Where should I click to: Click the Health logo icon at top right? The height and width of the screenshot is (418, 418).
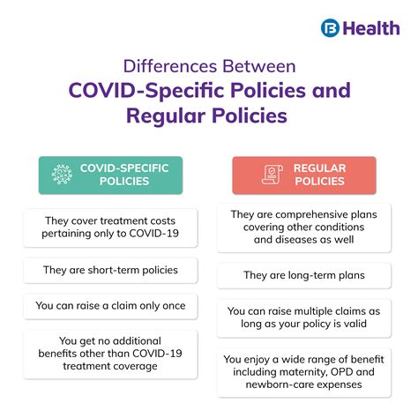331,27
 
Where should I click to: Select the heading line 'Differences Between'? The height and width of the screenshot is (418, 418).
209,67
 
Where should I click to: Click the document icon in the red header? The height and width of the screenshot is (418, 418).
271,175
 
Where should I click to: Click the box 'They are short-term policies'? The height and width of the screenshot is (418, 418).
110,269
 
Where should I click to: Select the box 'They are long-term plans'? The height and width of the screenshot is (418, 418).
303,275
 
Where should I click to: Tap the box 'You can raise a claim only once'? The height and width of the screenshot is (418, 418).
110,305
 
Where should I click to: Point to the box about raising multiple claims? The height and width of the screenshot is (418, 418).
303,318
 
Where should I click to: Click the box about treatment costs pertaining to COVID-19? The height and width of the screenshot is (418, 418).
110,228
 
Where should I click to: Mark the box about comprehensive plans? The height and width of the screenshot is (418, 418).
303,227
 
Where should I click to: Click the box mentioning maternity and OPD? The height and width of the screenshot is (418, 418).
303,371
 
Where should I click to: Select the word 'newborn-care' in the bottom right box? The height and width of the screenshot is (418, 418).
284,384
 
